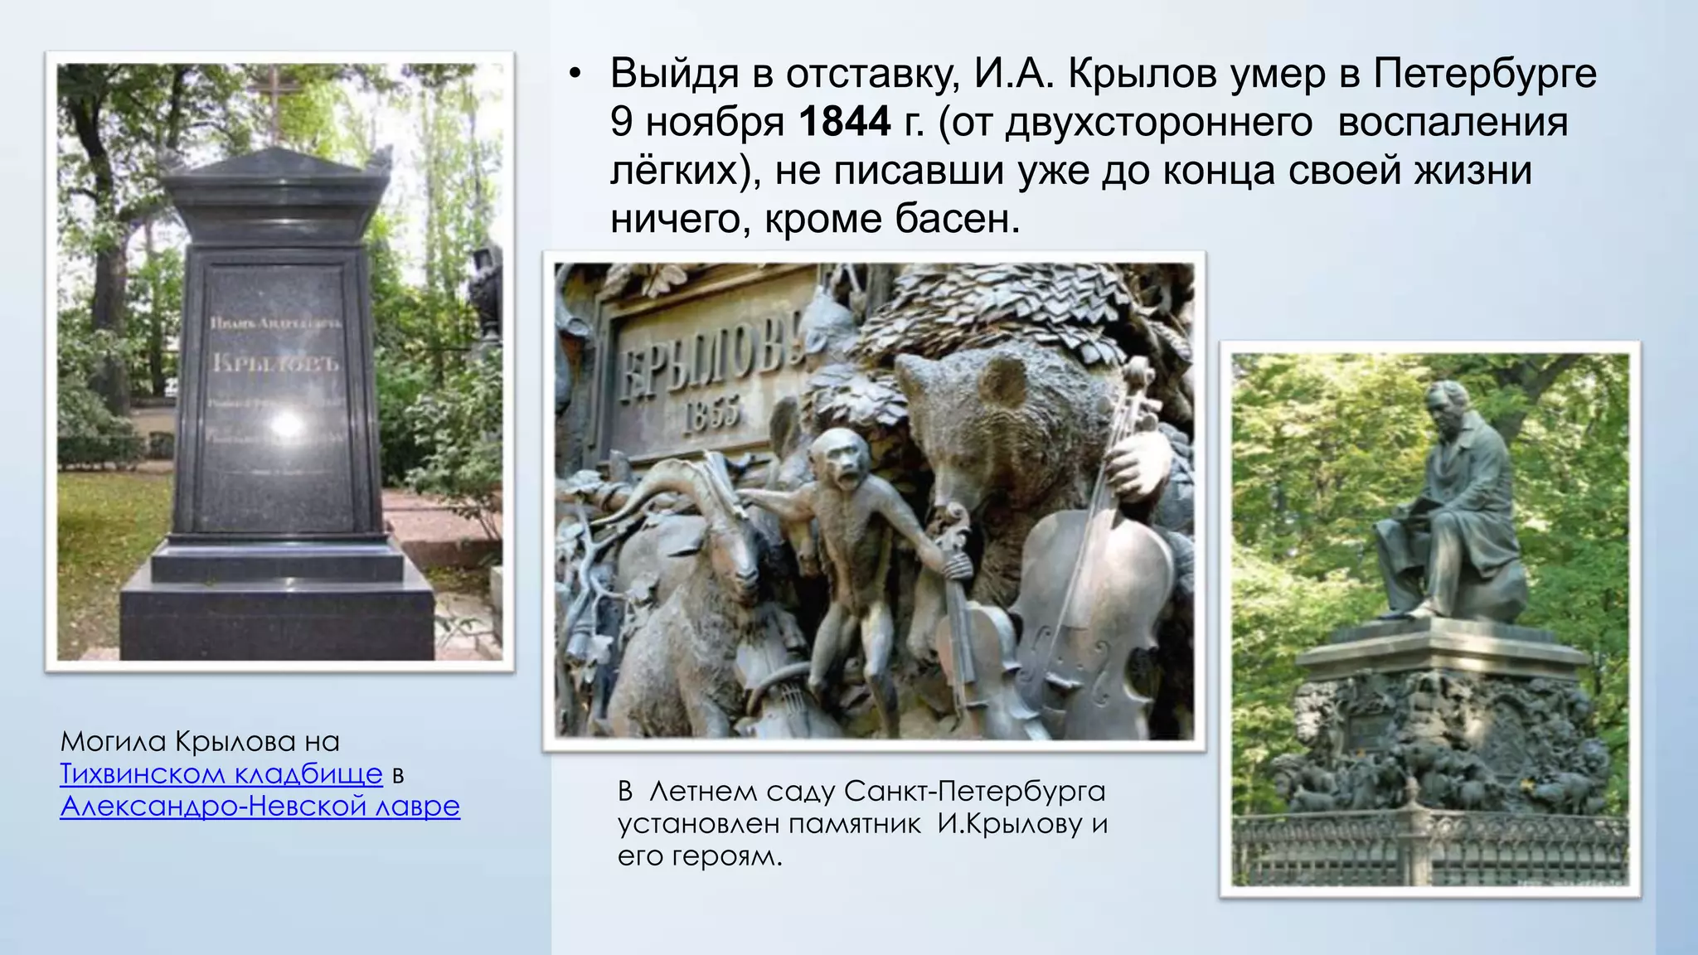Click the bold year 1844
[844, 122]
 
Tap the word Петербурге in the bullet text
[1484, 73]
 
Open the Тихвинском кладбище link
[221, 773]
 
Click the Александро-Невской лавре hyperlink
[260, 806]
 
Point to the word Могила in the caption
[113, 741]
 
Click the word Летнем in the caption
[702, 792]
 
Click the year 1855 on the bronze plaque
[713, 411]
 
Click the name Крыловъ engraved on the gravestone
[275, 362]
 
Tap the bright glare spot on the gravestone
[286, 424]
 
